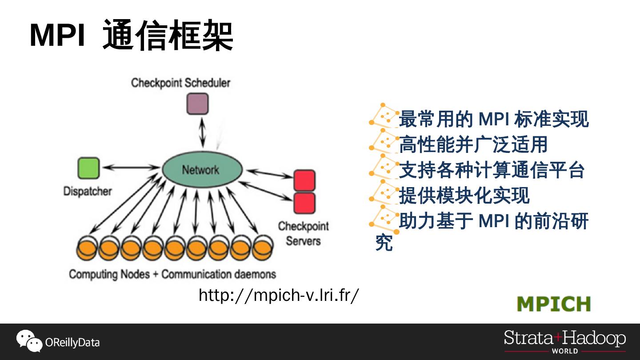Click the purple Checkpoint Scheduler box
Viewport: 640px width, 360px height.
click(x=197, y=104)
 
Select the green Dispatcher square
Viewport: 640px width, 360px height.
click(x=88, y=168)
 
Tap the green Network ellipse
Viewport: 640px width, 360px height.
click(x=202, y=170)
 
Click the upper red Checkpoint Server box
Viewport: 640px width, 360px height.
click(x=304, y=180)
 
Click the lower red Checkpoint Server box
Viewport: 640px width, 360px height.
click(x=304, y=203)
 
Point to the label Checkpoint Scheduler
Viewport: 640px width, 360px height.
click(x=180, y=83)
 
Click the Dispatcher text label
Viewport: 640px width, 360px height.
click(x=88, y=192)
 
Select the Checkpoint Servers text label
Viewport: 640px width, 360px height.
click(x=304, y=233)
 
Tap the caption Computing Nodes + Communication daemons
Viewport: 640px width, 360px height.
click(x=172, y=274)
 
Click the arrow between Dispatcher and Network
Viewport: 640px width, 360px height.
click(x=130, y=168)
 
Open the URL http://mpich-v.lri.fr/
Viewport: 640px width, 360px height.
click(x=278, y=295)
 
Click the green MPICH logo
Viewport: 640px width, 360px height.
click(x=554, y=304)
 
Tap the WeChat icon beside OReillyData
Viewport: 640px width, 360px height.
click(x=29, y=341)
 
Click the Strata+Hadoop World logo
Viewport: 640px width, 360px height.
click(x=564, y=341)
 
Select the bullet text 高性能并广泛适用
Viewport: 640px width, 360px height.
click(x=473, y=144)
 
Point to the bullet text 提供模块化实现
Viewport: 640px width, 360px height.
click(x=464, y=196)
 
